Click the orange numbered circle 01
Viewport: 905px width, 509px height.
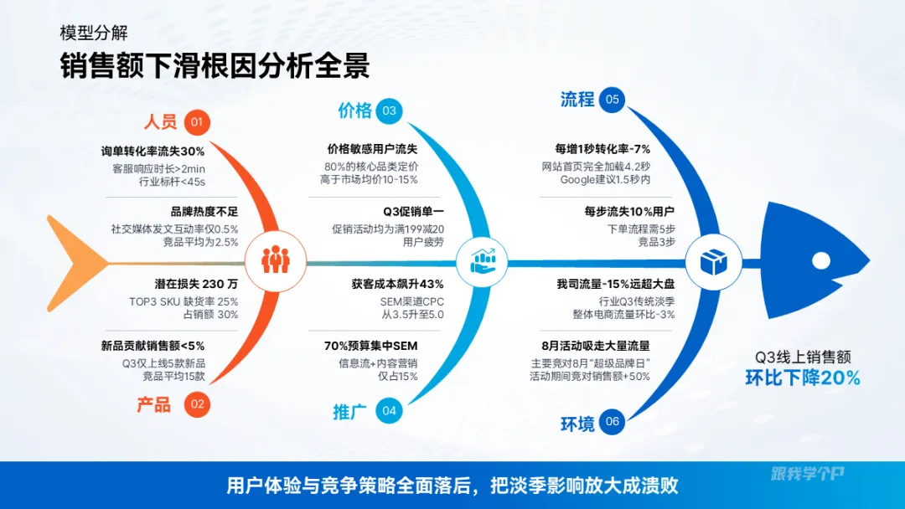pyautogui.click(x=197, y=123)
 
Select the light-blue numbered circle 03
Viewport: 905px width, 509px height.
pyautogui.click(x=389, y=111)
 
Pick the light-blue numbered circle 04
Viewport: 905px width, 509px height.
pyautogui.click(x=389, y=410)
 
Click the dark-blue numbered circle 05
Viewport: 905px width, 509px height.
pyautogui.click(x=613, y=100)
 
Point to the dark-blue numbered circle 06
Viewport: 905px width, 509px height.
pyautogui.click(x=613, y=422)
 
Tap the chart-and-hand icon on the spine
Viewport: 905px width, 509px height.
pyautogui.click(x=483, y=261)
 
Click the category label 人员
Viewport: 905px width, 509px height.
pyautogui.click(x=161, y=122)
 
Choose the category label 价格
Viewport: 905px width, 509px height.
pyautogui.click(x=354, y=111)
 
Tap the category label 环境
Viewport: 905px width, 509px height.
pyautogui.click(x=577, y=423)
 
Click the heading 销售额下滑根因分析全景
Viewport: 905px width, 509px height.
pyautogui.click(x=215, y=66)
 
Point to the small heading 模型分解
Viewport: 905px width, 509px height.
pyautogui.click(x=94, y=33)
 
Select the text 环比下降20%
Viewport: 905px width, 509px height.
pyautogui.click(x=803, y=378)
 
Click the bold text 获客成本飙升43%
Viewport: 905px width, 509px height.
pyautogui.click(x=397, y=285)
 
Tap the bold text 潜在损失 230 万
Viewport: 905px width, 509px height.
pyautogui.click(x=196, y=285)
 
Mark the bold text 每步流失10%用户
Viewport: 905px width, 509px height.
pyautogui.click(x=629, y=211)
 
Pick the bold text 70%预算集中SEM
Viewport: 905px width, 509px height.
pyautogui.click(x=370, y=346)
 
